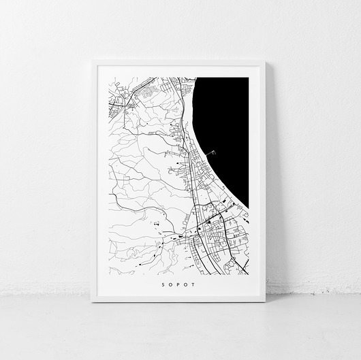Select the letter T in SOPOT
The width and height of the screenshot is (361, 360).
pyautogui.click(x=194, y=285)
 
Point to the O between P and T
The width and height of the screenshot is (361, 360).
pyautogui.click(x=186, y=285)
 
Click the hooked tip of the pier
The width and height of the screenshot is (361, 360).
pyautogui.click(x=215, y=151)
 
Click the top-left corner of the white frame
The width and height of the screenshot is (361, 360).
pyautogui.click(x=93, y=61)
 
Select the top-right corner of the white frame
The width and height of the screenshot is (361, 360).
pyautogui.click(x=265, y=61)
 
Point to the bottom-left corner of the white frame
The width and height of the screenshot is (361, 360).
pyautogui.click(x=93, y=301)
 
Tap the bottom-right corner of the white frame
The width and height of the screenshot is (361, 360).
pyautogui.click(x=265, y=301)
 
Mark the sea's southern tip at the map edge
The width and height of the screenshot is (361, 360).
pyautogui.click(x=248, y=208)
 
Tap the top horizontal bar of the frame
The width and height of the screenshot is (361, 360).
pyautogui.click(x=178, y=63)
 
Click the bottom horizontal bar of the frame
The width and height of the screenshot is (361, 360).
pyautogui.click(x=178, y=299)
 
